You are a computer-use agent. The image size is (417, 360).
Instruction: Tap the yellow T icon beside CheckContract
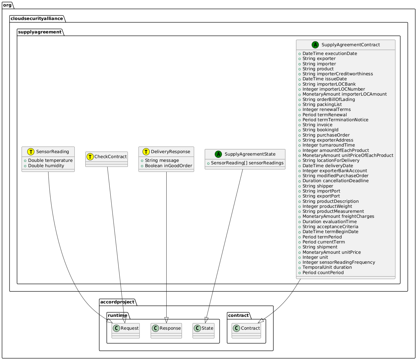90,157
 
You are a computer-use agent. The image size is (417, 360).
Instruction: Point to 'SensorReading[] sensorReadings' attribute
247,163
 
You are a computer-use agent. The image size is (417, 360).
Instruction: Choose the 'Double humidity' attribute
46,166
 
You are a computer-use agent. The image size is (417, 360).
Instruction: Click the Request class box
126,331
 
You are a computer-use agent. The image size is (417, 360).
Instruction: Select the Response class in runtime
166,331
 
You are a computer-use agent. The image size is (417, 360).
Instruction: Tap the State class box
203,331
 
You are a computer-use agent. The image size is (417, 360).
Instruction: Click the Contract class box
246,331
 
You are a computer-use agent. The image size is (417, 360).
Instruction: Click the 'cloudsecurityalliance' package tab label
37,18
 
